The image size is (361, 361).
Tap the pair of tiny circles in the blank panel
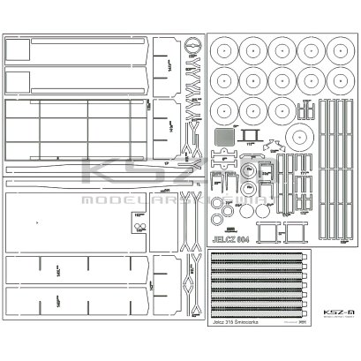click(x=139, y=227)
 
